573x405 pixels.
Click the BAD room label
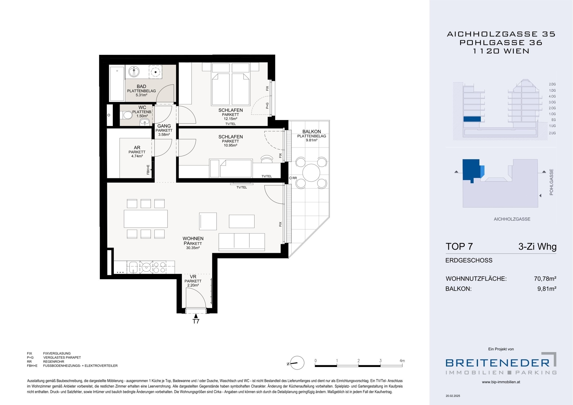click(141, 86)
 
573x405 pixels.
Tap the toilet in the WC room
click(126, 115)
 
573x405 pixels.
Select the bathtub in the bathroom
click(117, 83)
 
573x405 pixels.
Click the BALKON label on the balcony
click(312, 131)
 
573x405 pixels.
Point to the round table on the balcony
click(311, 173)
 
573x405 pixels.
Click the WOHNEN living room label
click(193, 238)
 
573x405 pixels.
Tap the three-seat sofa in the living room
click(241, 242)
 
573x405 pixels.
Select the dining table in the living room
click(145, 219)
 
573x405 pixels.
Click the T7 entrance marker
click(196, 321)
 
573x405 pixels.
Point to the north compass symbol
click(297, 363)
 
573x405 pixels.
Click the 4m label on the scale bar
click(402, 361)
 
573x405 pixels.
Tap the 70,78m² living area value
click(545, 279)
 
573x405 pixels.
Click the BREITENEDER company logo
click(501, 363)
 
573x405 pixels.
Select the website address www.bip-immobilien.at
click(501, 382)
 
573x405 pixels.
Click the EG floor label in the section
click(554, 120)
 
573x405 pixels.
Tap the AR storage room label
click(137, 148)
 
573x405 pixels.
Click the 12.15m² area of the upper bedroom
click(230, 119)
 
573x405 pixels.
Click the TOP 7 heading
click(459, 246)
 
